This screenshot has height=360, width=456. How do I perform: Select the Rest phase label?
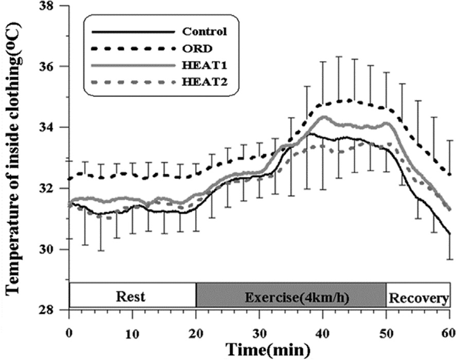click(x=131, y=297)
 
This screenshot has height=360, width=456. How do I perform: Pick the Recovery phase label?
click(x=418, y=297)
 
